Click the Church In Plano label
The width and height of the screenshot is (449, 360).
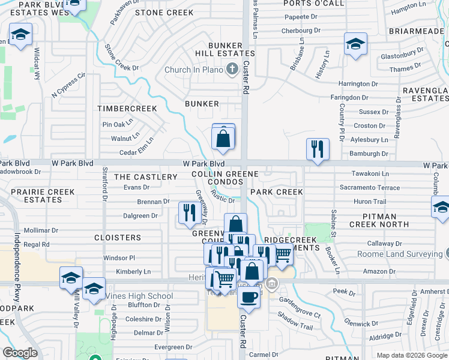pyautogui.click(x=194, y=70)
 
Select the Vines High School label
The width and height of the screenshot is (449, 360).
pyautogui.click(x=139, y=296)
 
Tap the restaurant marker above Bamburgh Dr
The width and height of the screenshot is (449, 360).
pyautogui.click(x=318, y=149)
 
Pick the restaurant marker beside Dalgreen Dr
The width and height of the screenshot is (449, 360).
pyautogui.click(x=189, y=212)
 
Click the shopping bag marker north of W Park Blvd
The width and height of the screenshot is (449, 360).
pyautogui.click(x=223, y=139)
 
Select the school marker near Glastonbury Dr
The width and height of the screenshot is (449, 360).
pyautogui.click(x=355, y=44)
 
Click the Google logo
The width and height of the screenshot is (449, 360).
pyautogui.click(x=20, y=353)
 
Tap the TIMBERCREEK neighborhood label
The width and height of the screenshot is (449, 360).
pyautogui.click(x=127, y=109)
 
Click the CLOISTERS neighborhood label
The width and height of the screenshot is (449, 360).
pyautogui.click(x=118, y=238)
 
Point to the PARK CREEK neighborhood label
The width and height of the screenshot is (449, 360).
pyautogui.click(x=276, y=192)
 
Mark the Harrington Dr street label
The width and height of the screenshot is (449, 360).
pyautogui.click(x=358, y=84)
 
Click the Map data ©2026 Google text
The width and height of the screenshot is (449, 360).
pyautogui.click(x=411, y=355)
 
